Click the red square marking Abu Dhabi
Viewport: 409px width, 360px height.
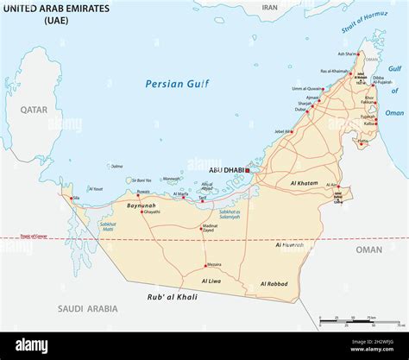click(x=247, y=170)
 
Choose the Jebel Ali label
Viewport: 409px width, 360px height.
click(x=283, y=131)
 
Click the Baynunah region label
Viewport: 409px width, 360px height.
click(x=140, y=205)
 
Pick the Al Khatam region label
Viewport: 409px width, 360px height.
click(x=305, y=183)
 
